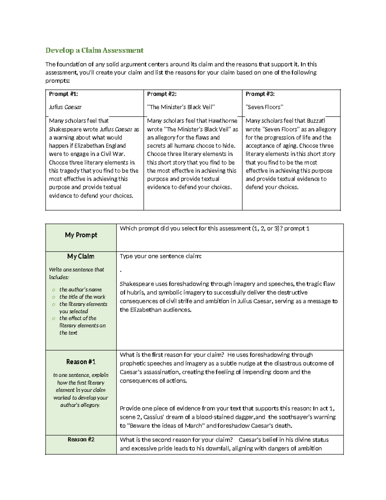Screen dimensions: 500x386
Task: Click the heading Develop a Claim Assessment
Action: (x=94, y=50)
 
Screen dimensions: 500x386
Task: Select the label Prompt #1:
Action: (x=63, y=94)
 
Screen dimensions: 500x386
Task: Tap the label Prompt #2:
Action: (x=162, y=94)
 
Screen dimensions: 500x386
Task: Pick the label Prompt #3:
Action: (x=260, y=94)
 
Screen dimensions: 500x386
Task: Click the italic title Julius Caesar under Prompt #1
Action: (x=65, y=107)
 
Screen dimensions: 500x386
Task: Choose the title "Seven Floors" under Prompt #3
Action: (x=264, y=107)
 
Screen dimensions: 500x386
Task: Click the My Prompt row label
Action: (x=81, y=235)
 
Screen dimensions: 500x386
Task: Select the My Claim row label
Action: (x=81, y=256)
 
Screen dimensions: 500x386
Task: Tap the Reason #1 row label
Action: (x=81, y=362)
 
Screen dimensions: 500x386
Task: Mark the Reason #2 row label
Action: (x=81, y=439)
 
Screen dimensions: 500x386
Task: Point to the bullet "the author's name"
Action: (x=80, y=289)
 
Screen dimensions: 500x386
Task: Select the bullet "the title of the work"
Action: (x=82, y=297)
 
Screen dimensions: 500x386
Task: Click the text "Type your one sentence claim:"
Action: (x=161, y=256)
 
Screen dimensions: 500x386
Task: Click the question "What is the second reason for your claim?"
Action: (x=176, y=440)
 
